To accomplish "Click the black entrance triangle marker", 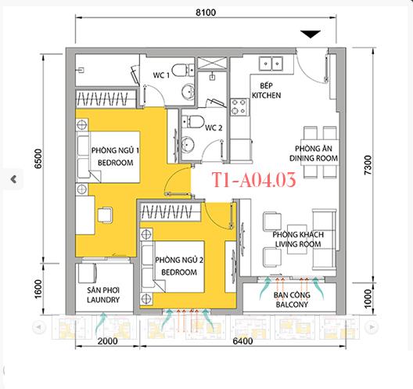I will tap(311, 34).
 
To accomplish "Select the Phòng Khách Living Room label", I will tap(293, 239).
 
